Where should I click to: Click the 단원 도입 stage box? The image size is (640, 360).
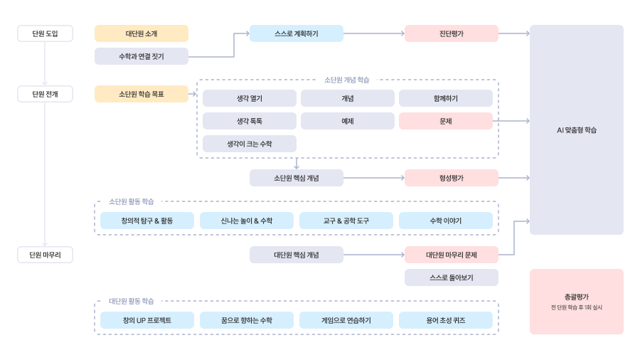[45, 33]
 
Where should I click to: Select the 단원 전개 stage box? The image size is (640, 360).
[45, 94]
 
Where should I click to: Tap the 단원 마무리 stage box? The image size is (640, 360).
[45, 255]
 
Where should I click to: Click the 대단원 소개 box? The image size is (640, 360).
[142, 33]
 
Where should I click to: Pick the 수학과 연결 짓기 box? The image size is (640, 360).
[142, 56]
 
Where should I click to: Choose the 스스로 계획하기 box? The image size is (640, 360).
[297, 33]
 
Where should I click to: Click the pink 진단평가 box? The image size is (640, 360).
[452, 33]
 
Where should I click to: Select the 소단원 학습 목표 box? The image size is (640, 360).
[142, 94]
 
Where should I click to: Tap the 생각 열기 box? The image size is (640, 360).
[250, 98]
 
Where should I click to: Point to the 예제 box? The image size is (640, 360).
[348, 121]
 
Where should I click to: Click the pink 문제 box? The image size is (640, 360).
[446, 121]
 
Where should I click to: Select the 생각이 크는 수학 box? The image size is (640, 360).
[250, 144]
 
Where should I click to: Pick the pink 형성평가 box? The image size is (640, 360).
[452, 178]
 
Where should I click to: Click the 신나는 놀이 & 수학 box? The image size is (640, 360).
[247, 221]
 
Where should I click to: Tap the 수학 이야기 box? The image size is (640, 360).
[446, 221]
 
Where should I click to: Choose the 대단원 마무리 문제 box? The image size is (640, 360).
[452, 255]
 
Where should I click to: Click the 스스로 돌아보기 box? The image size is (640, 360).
[452, 277]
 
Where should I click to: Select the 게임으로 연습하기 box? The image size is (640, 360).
[346, 320]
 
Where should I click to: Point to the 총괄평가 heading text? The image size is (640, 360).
[577, 297]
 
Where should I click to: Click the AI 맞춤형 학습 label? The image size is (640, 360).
[577, 130]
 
